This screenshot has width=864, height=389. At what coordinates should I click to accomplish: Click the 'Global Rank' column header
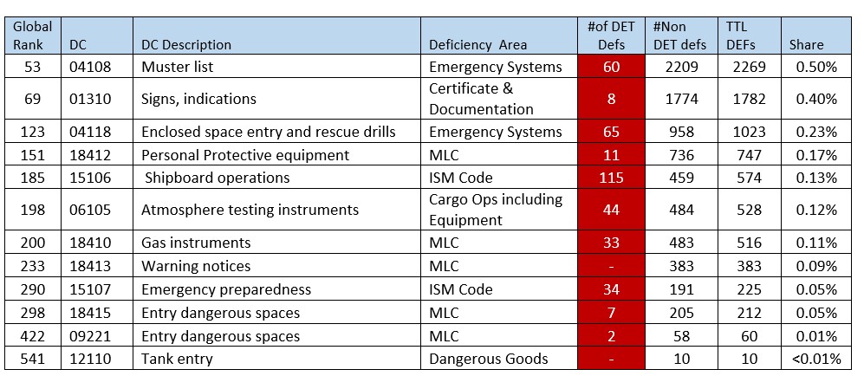(32, 35)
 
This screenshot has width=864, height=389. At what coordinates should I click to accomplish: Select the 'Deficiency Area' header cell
(477, 44)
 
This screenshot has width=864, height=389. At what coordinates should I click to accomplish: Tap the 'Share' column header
(806, 44)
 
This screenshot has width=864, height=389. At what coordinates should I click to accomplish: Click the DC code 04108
(88, 67)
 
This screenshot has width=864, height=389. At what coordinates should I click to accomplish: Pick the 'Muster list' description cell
(177, 67)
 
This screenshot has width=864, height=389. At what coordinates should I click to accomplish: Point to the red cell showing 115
(611, 178)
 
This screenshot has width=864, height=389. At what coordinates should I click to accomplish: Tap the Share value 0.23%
(815, 132)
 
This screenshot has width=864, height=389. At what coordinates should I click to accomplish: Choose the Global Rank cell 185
(32, 178)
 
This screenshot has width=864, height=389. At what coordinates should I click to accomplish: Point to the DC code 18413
(88, 266)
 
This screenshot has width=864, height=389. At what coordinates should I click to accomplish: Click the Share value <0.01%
(815, 359)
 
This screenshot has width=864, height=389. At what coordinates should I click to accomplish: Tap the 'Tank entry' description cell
(177, 359)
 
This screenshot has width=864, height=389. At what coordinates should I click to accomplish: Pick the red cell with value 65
(611, 132)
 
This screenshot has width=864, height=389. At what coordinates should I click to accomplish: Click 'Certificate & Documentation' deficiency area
(481, 99)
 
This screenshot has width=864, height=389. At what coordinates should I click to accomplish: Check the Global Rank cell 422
(32, 336)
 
